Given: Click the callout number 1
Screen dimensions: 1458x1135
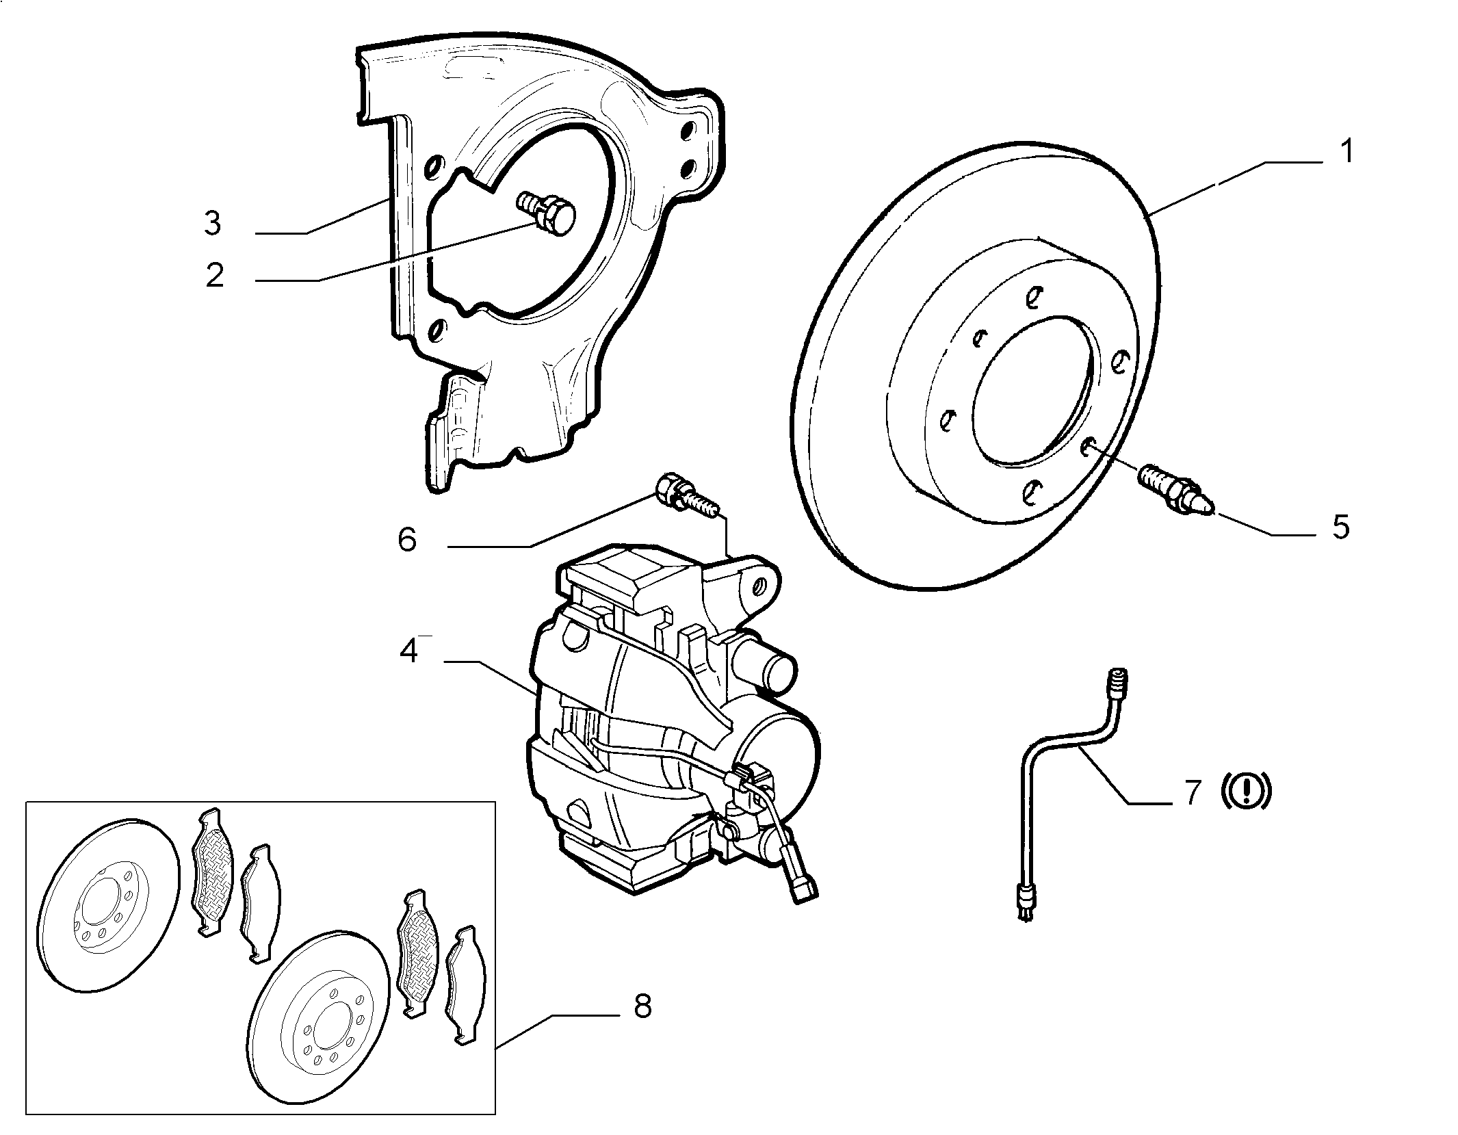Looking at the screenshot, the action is click(1346, 152).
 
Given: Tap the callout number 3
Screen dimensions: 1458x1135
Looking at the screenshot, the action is click(213, 223).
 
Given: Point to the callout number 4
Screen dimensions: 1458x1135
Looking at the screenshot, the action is click(408, 651).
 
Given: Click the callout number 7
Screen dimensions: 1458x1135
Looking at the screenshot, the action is click(1193, 792).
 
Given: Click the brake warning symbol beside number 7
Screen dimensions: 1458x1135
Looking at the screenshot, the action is click(1246, 791).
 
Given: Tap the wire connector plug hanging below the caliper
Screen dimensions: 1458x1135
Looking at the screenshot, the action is click(805, 890).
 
